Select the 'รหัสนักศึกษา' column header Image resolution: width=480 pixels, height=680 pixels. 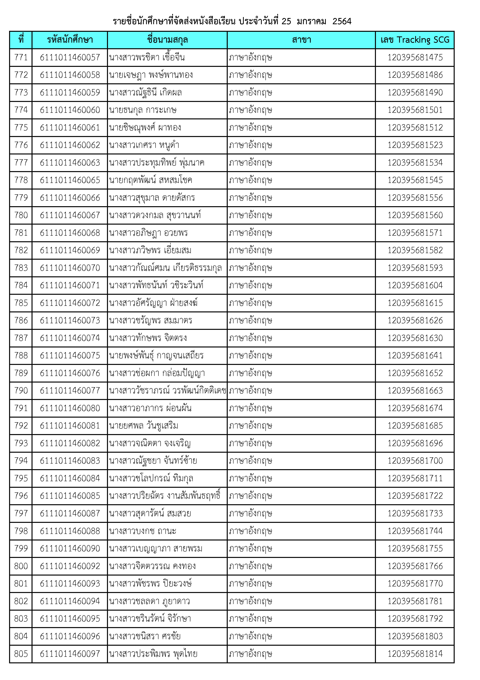click(70, 40)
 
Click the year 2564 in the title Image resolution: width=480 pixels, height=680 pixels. click(342, 21)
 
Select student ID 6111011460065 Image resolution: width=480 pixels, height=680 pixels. click(70, 180)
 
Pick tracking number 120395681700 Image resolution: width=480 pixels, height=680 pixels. click(415, 461)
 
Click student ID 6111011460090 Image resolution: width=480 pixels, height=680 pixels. click(70, 548)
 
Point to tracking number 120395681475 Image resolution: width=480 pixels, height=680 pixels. click(415, 57)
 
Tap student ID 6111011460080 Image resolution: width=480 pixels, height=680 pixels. click(70, 408)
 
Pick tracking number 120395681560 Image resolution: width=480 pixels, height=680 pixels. click(415, 215)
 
